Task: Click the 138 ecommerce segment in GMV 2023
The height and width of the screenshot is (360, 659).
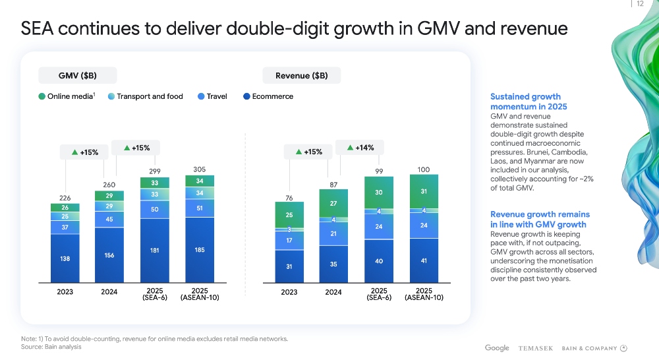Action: (65, 258)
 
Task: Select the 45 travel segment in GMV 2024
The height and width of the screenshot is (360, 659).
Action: (109, 219)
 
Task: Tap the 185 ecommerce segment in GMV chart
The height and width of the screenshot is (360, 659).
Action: (200, 250)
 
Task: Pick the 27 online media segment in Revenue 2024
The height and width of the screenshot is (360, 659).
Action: (333, 203)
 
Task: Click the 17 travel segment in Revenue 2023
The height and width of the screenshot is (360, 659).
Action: (289, 241)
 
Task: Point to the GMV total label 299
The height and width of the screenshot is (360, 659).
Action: (154, 171)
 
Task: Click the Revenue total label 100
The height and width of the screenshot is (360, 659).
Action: (424, 169)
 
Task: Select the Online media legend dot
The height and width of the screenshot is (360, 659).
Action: (42, 96)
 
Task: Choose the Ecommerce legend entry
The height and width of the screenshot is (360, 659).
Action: (268, 96)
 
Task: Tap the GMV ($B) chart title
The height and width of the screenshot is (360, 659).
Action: (78, 75)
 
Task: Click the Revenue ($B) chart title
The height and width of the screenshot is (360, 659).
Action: (302, 75)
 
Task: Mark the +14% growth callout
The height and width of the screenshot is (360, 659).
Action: (360, 148)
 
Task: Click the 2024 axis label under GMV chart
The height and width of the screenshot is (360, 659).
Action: (109, 292)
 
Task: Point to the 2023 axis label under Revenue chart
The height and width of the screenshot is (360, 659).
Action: (289, 292)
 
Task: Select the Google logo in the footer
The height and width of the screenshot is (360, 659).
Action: (497, 348)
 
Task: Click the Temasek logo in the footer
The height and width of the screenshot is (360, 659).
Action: (535, 348)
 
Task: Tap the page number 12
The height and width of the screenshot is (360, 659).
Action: (640, 4)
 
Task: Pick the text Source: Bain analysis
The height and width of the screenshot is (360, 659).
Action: (51, 347)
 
